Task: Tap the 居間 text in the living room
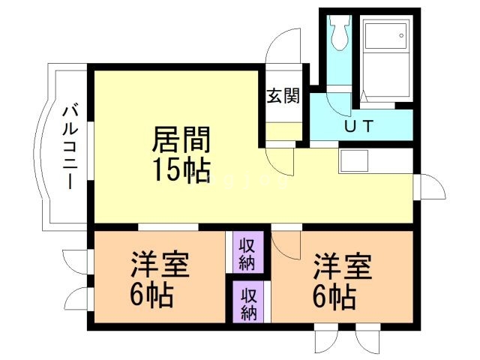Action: [181, 140]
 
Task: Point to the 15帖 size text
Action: [181, 171]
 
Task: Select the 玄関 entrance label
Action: [283, 95]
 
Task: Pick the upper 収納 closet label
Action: [247, 253]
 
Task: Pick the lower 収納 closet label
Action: [247, 303]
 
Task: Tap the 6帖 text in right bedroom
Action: [331, 298]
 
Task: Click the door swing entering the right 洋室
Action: [285, 242]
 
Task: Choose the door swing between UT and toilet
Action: [340, 82]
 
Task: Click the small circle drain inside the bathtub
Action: [401, 34]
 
